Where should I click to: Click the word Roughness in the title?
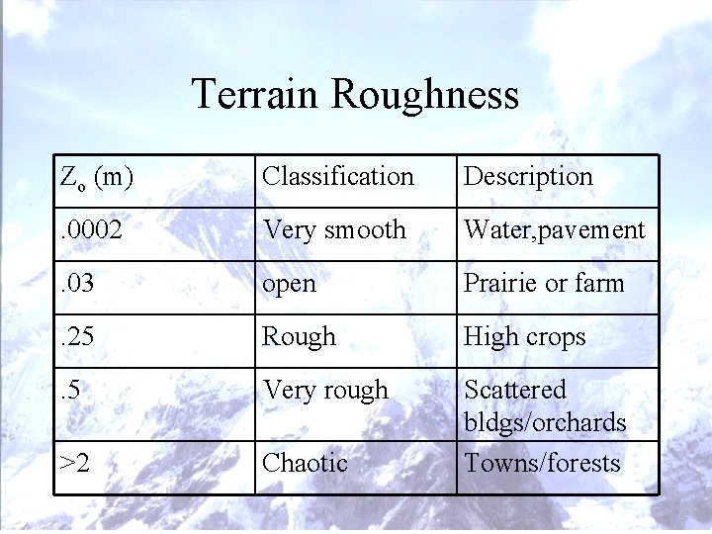[x=424, y=94]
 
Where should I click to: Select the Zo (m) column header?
[x=97, y=177]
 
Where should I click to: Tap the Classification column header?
[x=337, y=177]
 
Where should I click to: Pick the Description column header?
[x=528, y=177]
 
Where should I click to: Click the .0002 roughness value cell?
[x=91, y=230]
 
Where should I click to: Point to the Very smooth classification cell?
[x=333, y=230]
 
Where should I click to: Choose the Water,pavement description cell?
[x=554, y=230]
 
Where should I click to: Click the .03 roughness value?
[x=79, y=284]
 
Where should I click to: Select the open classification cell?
[x=289, y=284]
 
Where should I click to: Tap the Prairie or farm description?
[x=544, y=284]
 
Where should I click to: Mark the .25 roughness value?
[x=79, y=337]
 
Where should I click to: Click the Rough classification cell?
[x=298, y=337]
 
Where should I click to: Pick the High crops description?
[x=524, y=337]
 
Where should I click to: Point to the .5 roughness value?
[x=72, y=391]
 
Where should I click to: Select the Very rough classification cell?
[x=324, y=391]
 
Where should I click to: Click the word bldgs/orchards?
[x=545, y=423]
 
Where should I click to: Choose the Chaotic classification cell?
[x=305, y=463]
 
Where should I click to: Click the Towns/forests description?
[x=542, y=463]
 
